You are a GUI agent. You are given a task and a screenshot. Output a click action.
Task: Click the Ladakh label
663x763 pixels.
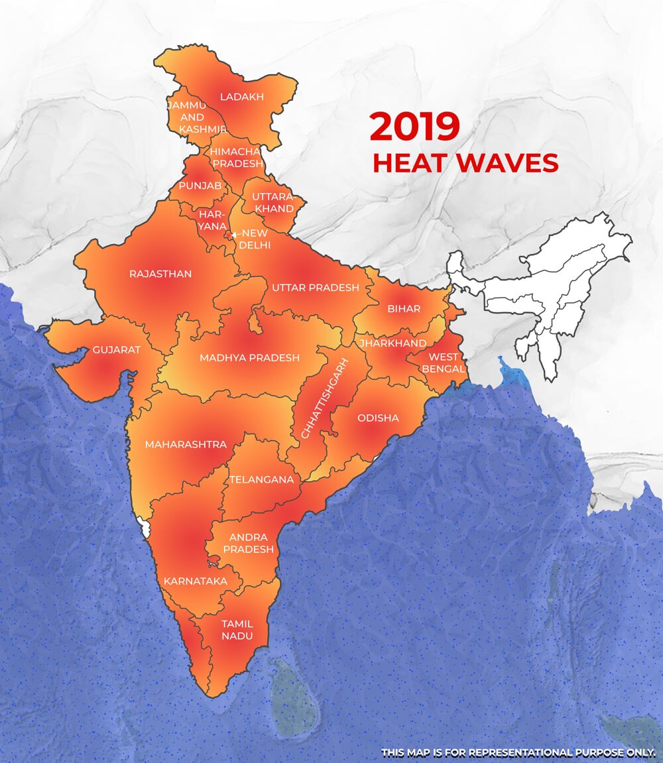tap(241, 97)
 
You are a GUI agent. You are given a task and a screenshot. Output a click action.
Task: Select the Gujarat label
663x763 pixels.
tap(117, 350)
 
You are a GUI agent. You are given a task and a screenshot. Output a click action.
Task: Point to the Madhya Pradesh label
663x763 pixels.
tap(249, 358)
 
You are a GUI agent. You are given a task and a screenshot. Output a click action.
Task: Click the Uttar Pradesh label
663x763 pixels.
tap(315, 288)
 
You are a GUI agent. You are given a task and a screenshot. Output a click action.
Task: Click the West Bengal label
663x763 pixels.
tap(444, 362)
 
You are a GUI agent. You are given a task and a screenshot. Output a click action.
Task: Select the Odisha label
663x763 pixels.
tap(378, 418)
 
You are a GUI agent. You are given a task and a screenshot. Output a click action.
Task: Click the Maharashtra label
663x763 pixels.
tap(186, 444)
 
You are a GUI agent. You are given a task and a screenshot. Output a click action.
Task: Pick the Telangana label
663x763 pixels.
tap(261, 479)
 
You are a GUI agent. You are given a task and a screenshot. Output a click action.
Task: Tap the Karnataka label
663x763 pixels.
tap(195, 581)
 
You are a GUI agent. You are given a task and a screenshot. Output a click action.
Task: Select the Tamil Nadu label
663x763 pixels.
tap(237, 630)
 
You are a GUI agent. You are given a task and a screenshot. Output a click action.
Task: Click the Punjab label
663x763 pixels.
tap(200, 185)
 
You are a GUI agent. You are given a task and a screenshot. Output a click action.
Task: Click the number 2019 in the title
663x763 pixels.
tap(414, 127)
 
